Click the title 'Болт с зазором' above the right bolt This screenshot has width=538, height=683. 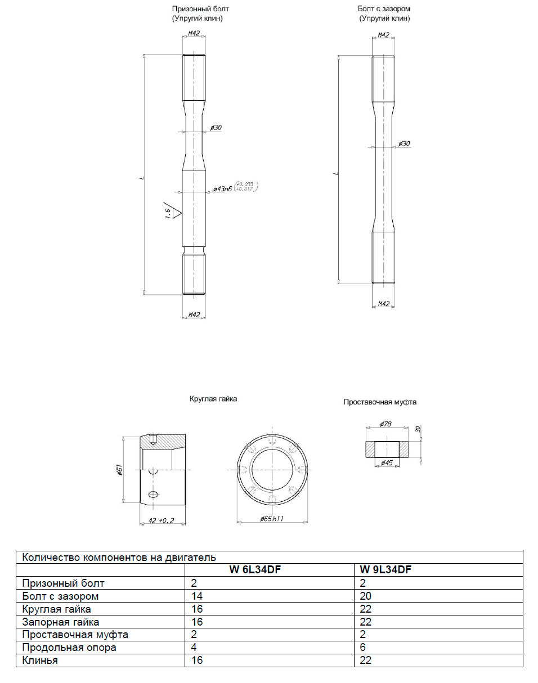[x=384, y=9]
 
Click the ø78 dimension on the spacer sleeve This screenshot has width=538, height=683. [x=385, y=424]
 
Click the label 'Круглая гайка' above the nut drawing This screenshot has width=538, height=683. [x=213, y=399]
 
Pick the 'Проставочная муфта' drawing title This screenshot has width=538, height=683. [x=380, y=402]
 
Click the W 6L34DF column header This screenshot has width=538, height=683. [x=254, y=570]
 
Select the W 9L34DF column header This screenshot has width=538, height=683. [x=385, y=570]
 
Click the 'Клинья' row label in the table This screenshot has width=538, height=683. [x=40, y=660]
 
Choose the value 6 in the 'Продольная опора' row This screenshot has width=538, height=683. [x=363, y=648]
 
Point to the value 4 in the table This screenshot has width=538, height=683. [x=194, y=648]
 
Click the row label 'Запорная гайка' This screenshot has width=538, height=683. [x=61, y=622]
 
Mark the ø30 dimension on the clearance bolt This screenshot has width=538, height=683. [x=404, y=144]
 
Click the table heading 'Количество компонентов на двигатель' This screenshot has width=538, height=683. [x=119, y=558]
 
